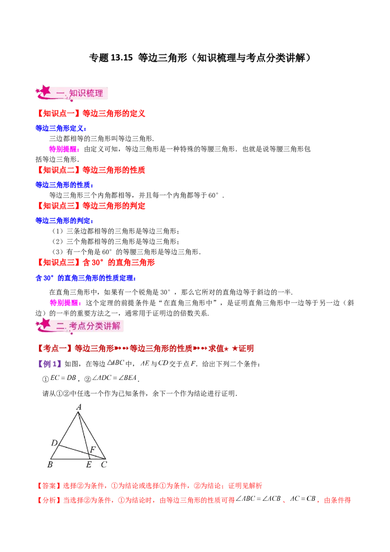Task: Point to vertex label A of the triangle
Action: (78, 407)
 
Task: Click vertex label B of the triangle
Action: (50, 465)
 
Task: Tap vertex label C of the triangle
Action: (104, 465)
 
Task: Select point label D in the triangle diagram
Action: (54, 443)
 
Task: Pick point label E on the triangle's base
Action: (89, 465)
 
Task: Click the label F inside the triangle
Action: (93, 449)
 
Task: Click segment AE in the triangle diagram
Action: (83, 436)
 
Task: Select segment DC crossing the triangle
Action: (80, 452)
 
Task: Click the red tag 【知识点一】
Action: (58, 114)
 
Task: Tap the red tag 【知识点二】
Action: (58, 170)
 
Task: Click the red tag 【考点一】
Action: (55, 348)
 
